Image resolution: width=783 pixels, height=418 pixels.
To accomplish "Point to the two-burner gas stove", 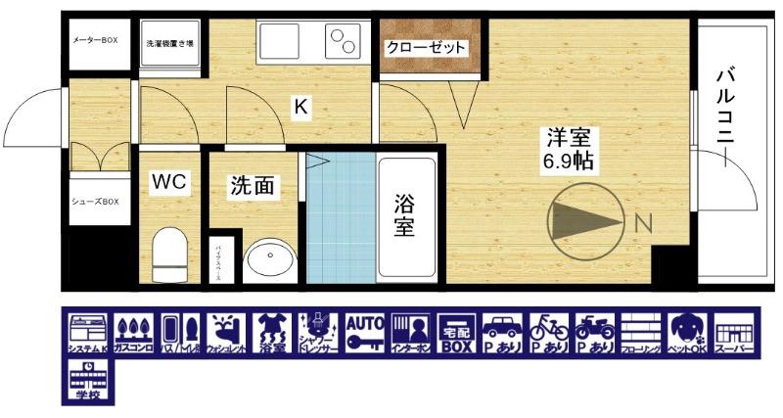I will click(343, 44).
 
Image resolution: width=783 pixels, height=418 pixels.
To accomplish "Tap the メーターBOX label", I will click(95, 40).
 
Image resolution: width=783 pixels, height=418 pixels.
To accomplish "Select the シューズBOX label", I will click(95, 203).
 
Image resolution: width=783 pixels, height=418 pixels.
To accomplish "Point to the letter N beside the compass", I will click(643, 223).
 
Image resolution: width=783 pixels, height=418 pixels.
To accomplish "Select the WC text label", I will click(167, 182).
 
